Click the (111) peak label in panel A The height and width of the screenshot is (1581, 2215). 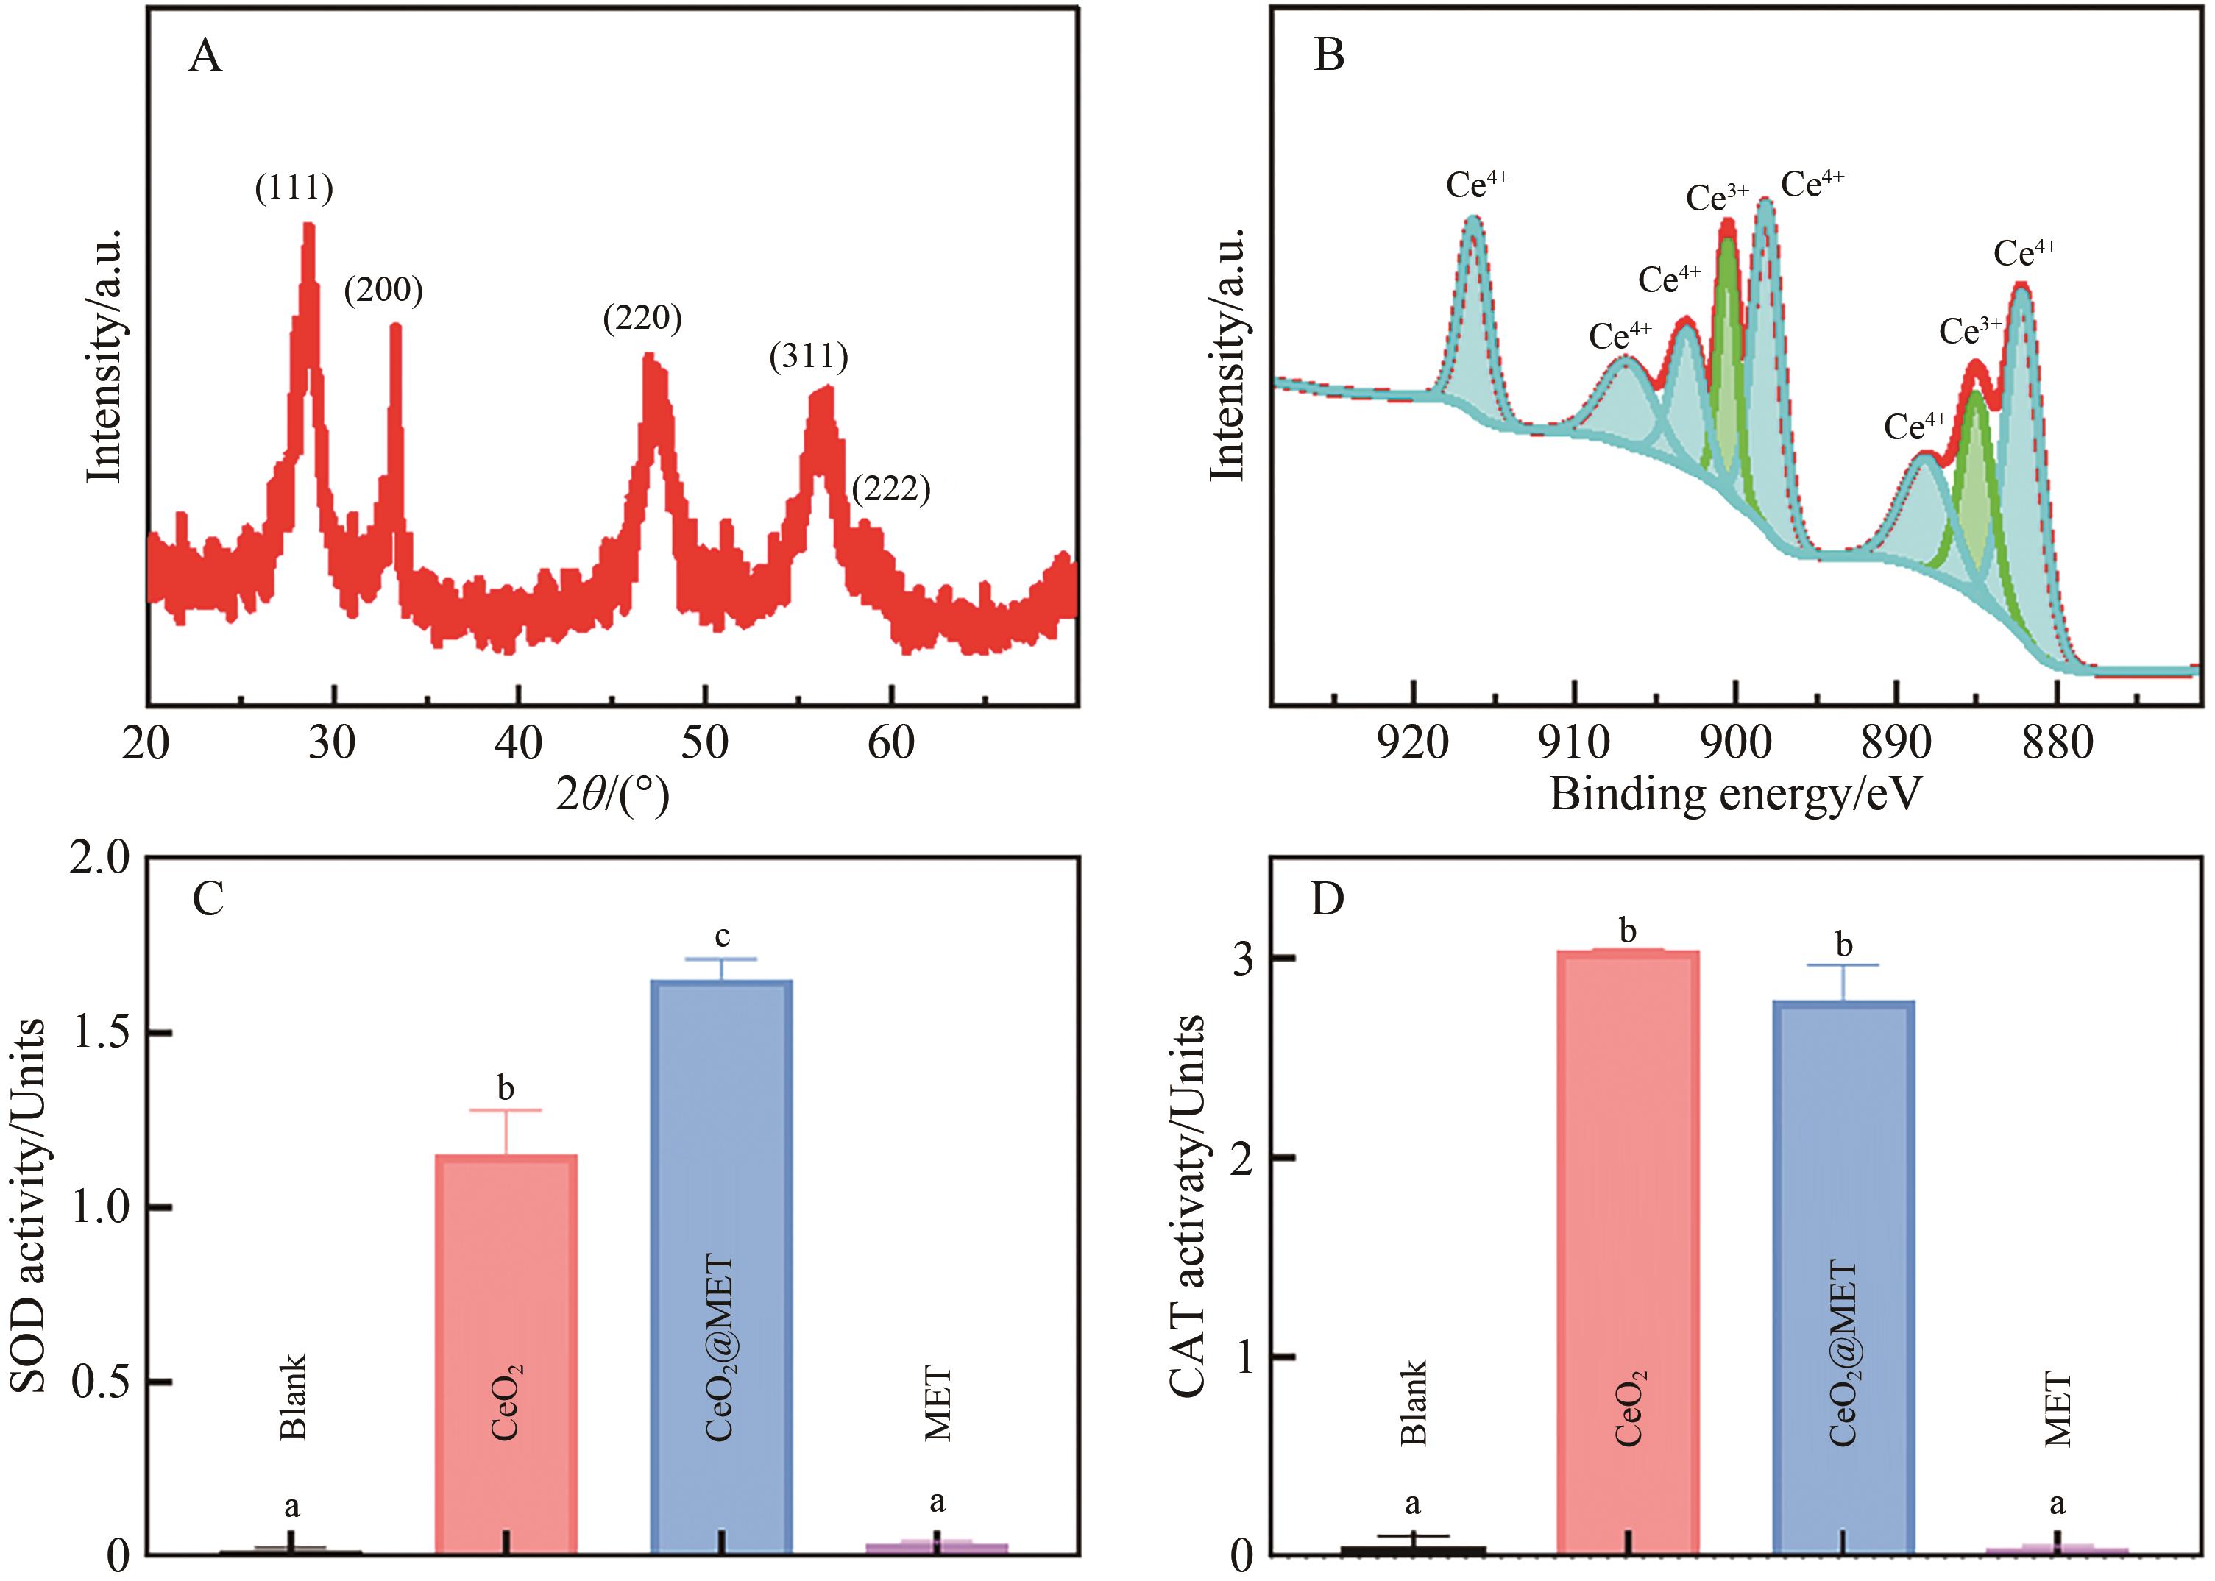294,188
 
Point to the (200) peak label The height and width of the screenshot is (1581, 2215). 383,290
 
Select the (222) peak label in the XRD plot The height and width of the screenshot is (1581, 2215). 891,488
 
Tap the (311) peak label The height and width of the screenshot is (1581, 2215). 809,358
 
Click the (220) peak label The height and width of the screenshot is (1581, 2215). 642,319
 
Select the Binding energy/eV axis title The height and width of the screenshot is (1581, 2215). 1735,793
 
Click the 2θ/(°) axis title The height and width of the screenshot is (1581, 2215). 612,795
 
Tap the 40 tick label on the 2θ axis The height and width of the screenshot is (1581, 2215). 518,743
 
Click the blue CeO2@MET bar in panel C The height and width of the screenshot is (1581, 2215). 721,1265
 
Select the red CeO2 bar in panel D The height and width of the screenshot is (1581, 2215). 1628,1256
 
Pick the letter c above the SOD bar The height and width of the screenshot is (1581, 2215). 721,937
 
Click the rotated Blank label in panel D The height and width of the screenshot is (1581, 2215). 1413,1403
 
